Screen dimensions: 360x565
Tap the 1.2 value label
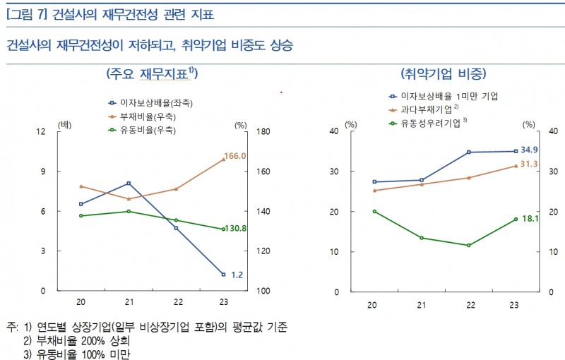pyautogui.click(x=237, y=275)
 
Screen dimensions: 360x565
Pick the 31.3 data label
pyautogui.click(x=529, y=164)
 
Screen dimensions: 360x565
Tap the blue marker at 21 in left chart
pyautogui.click(x=128, y=184)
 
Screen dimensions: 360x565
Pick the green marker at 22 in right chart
pyautogui.click(x=468, y=246)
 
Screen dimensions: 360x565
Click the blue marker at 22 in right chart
pyautogui.click(x=468, y=152)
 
